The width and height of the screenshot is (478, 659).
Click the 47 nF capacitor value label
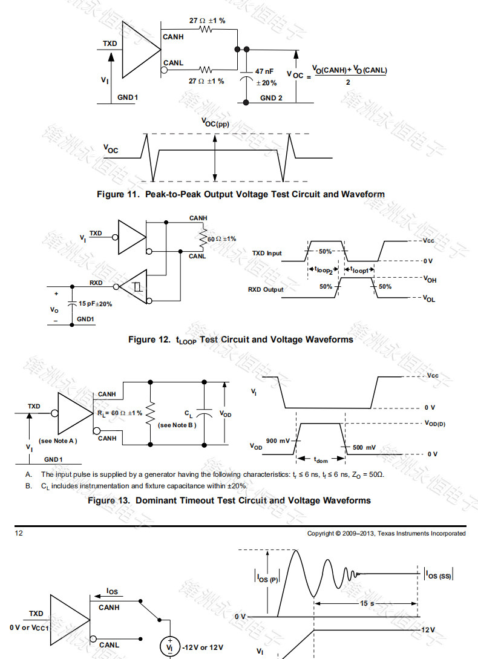pos(264,71)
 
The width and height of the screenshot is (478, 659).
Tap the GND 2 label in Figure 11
pos(271,97)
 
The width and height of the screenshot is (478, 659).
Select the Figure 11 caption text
pos(241,194)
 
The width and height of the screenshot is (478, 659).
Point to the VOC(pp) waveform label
pos(215,123)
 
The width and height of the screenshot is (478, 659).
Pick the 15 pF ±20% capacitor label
pos(95,304)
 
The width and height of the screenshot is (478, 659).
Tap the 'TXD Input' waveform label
pos(266,253)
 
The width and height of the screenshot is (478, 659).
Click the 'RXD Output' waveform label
pos(266,289)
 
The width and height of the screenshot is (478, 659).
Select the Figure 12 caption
pos(240,340)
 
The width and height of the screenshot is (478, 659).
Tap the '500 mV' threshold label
pos(364,447)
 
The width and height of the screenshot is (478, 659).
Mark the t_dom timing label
pos(321,461)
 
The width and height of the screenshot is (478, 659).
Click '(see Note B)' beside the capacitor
pos(177,425)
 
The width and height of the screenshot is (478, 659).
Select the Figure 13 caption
pos(229,500)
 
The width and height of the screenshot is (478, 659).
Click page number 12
pos(19,533)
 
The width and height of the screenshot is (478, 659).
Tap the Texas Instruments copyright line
pos(386,533)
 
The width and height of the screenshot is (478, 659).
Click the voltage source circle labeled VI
pos(169,646)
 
